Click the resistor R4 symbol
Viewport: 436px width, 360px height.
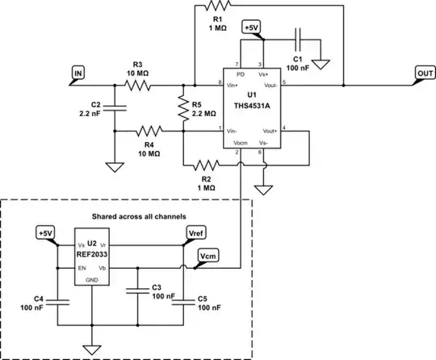point(151,130)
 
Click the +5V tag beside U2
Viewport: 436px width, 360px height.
point(45,233)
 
